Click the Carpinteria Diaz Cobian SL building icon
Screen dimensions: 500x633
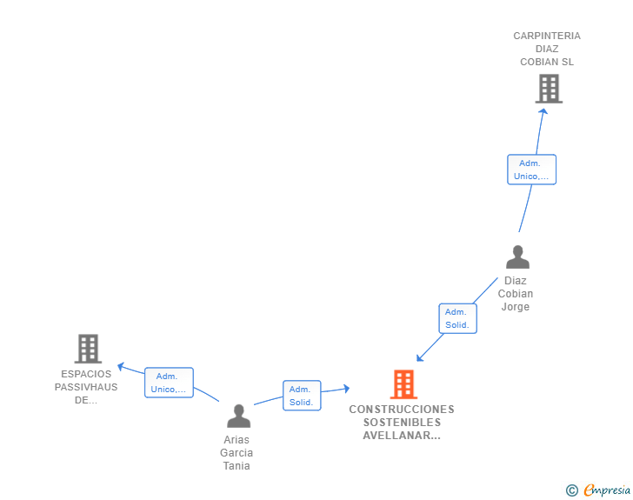point(549,89)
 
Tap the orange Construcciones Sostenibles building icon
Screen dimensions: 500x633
point(403,384)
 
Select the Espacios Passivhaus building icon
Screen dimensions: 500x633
point(88,349)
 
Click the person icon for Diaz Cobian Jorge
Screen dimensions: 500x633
point(517,257)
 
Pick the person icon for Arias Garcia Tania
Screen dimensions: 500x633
point(237,416)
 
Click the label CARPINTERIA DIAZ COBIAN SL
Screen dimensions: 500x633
point(547,49)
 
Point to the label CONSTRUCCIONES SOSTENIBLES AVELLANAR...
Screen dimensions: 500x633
point(402,423)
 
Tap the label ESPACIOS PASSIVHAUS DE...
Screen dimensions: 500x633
point(86,387)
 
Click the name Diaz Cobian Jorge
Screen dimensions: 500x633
point(516,294)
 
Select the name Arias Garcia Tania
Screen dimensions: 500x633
point(237,452)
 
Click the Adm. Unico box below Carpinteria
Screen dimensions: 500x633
point(531,170)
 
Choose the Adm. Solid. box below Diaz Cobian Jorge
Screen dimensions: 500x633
point(457,318)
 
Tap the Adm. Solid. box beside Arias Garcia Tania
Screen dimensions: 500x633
point(302,396)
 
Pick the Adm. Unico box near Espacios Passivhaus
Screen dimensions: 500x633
point(168,383)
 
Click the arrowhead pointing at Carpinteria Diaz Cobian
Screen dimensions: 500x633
point(543,110)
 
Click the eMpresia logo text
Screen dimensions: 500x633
point(607,490)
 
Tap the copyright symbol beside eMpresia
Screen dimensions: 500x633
point(571,490)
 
